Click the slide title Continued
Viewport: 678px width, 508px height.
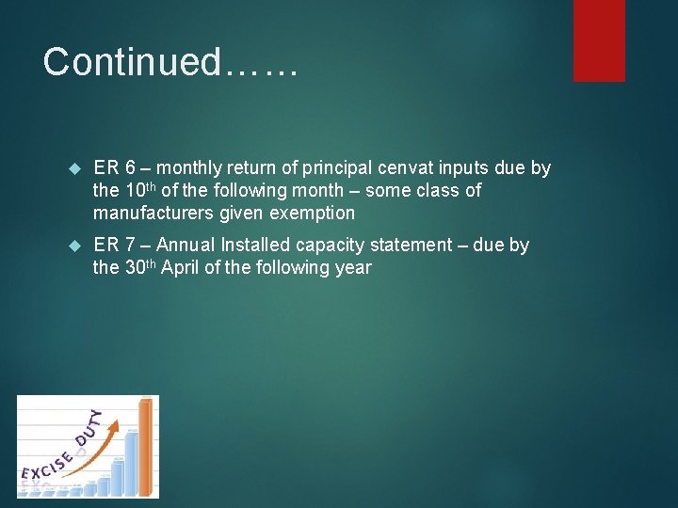[x=170, y=62]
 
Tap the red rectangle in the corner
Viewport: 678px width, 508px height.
[x=599, y=40]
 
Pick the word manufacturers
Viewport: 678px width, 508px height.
[x=153, y=213]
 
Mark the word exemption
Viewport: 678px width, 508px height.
[x=313, y=213]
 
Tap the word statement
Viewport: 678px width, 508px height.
[x=412, y=245]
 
